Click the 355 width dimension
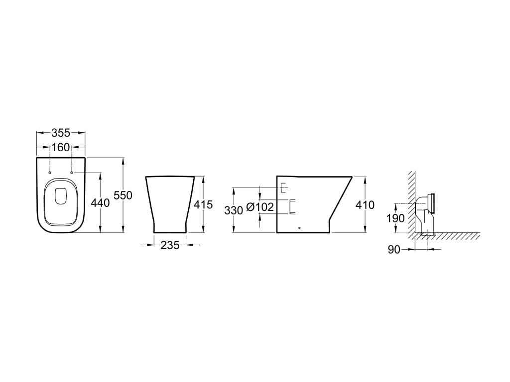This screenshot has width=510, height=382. (61, 132)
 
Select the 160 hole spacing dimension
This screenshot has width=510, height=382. (61, 147)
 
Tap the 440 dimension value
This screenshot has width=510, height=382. (100, 203)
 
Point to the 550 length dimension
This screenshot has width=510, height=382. (123, 195)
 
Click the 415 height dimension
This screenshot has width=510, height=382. (203, 204)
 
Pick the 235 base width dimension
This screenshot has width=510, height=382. (170, 245)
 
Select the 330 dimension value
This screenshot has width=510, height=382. (234, 210)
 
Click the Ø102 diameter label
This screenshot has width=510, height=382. (260, 206)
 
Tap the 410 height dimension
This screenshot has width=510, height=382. (365, 205)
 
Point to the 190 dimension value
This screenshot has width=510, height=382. (395, 218)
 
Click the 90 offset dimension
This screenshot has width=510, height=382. (394, 250)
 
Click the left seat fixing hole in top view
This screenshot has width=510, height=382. (50, 173)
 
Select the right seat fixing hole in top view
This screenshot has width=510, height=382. (72, 173)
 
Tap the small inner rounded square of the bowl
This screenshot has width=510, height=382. (61, 196)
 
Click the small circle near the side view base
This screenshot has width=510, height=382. (299, 228)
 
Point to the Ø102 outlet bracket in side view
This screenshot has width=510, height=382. (292, 206)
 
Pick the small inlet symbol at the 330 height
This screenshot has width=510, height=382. (283, 188)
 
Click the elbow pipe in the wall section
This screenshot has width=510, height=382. (423, 214)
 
